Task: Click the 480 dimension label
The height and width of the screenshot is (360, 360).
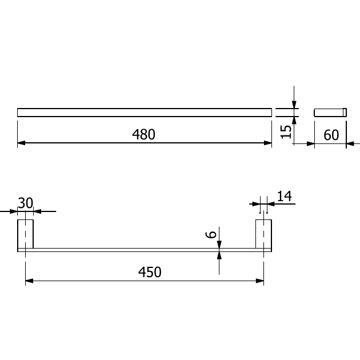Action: pyautogui.click(x=144, y=134)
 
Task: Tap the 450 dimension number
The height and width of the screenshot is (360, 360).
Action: pyautogui.click(x=150, y=273)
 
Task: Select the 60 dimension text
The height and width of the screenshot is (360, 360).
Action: pyautogui.click(x=331, y=135)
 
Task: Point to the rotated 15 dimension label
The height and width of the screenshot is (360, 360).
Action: pyautogui.click(x=286, y=132)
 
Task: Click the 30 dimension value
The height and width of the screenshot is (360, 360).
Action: pyautogui.click(x=26, y=203)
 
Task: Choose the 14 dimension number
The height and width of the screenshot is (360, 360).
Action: pyautogui.click(x=285, y=196)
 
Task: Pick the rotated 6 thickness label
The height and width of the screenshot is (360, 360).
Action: pyautogui.click(x=211, y=235)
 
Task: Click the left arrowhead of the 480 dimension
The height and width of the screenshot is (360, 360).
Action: pyautogui.click(x=21, y=143)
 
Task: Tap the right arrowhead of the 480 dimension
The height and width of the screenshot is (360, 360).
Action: pyautogui.click(x=267, y=143)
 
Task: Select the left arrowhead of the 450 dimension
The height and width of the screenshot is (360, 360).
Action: pyautogui.click(x=29, y=281)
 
